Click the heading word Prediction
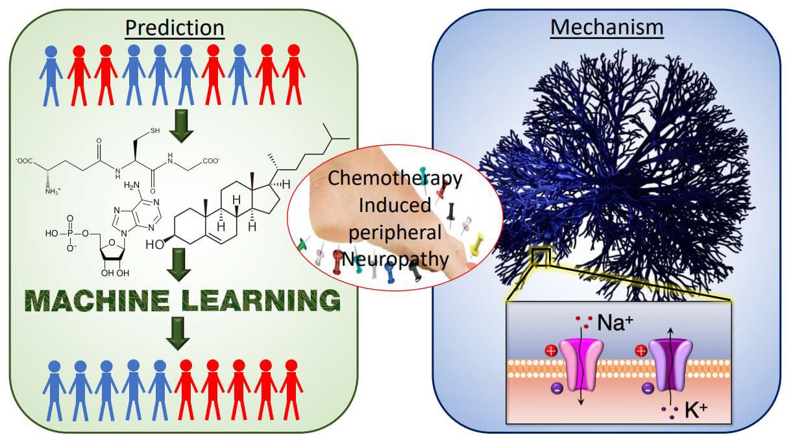click(x=175, y=27)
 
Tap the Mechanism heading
click(x=607, y=27)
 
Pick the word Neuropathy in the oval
click(x=396, y=259)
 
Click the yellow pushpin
click(x=478, y=244)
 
